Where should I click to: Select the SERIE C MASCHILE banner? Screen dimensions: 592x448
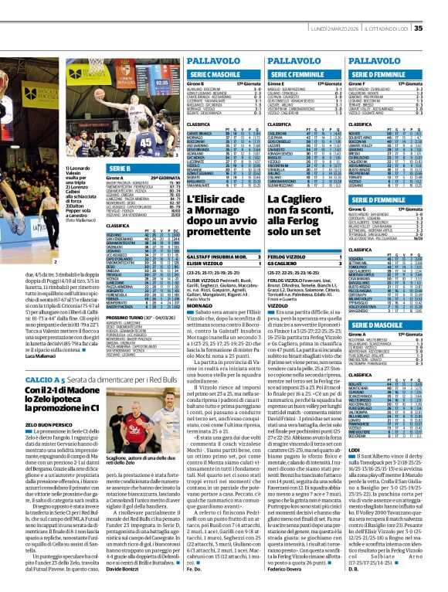coord(209,73)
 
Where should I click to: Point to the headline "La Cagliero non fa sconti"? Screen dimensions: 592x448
coord(304,219)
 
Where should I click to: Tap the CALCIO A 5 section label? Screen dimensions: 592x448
coord(43,379)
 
